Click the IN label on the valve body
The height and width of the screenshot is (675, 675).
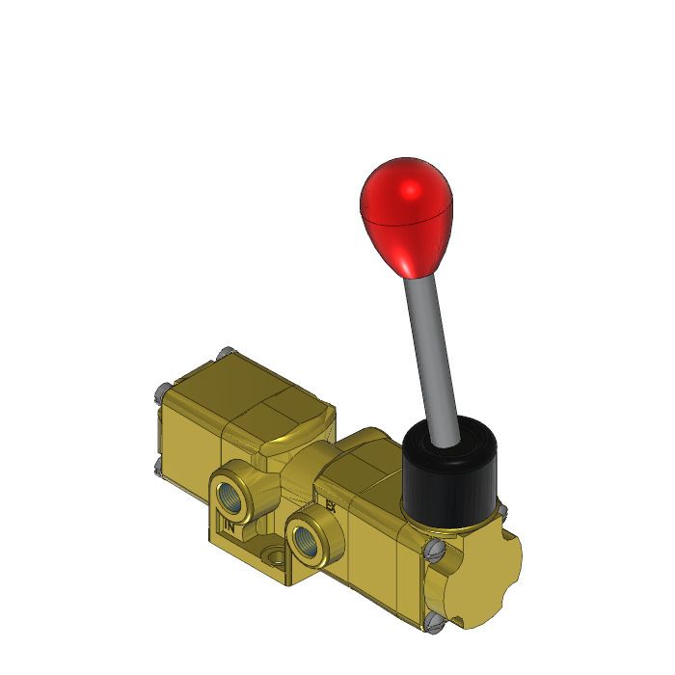[229, 526]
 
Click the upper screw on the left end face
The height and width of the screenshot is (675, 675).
[160, 392]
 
